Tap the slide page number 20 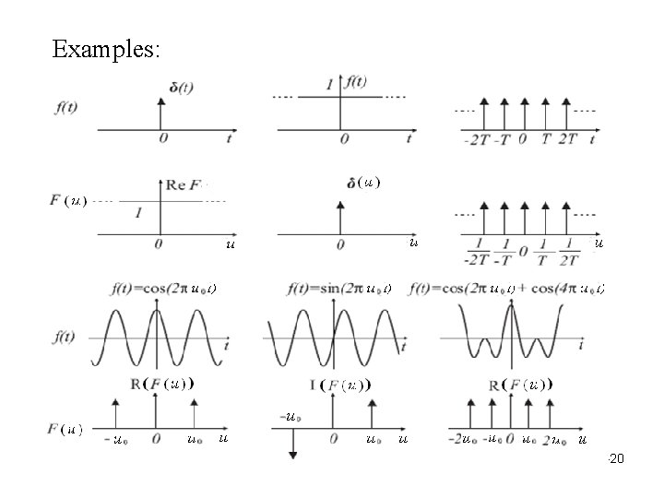click(618, 457)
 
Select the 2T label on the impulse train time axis click(564, 140)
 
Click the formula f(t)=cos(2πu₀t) click(164, 289)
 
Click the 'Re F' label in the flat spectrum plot click(185, 184)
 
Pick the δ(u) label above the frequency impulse click(363, 183)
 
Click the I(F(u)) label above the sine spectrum click(344, 385)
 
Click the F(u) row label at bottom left click(65, 429)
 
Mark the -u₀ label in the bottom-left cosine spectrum click(115, 440)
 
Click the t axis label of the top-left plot click(229, 138)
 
